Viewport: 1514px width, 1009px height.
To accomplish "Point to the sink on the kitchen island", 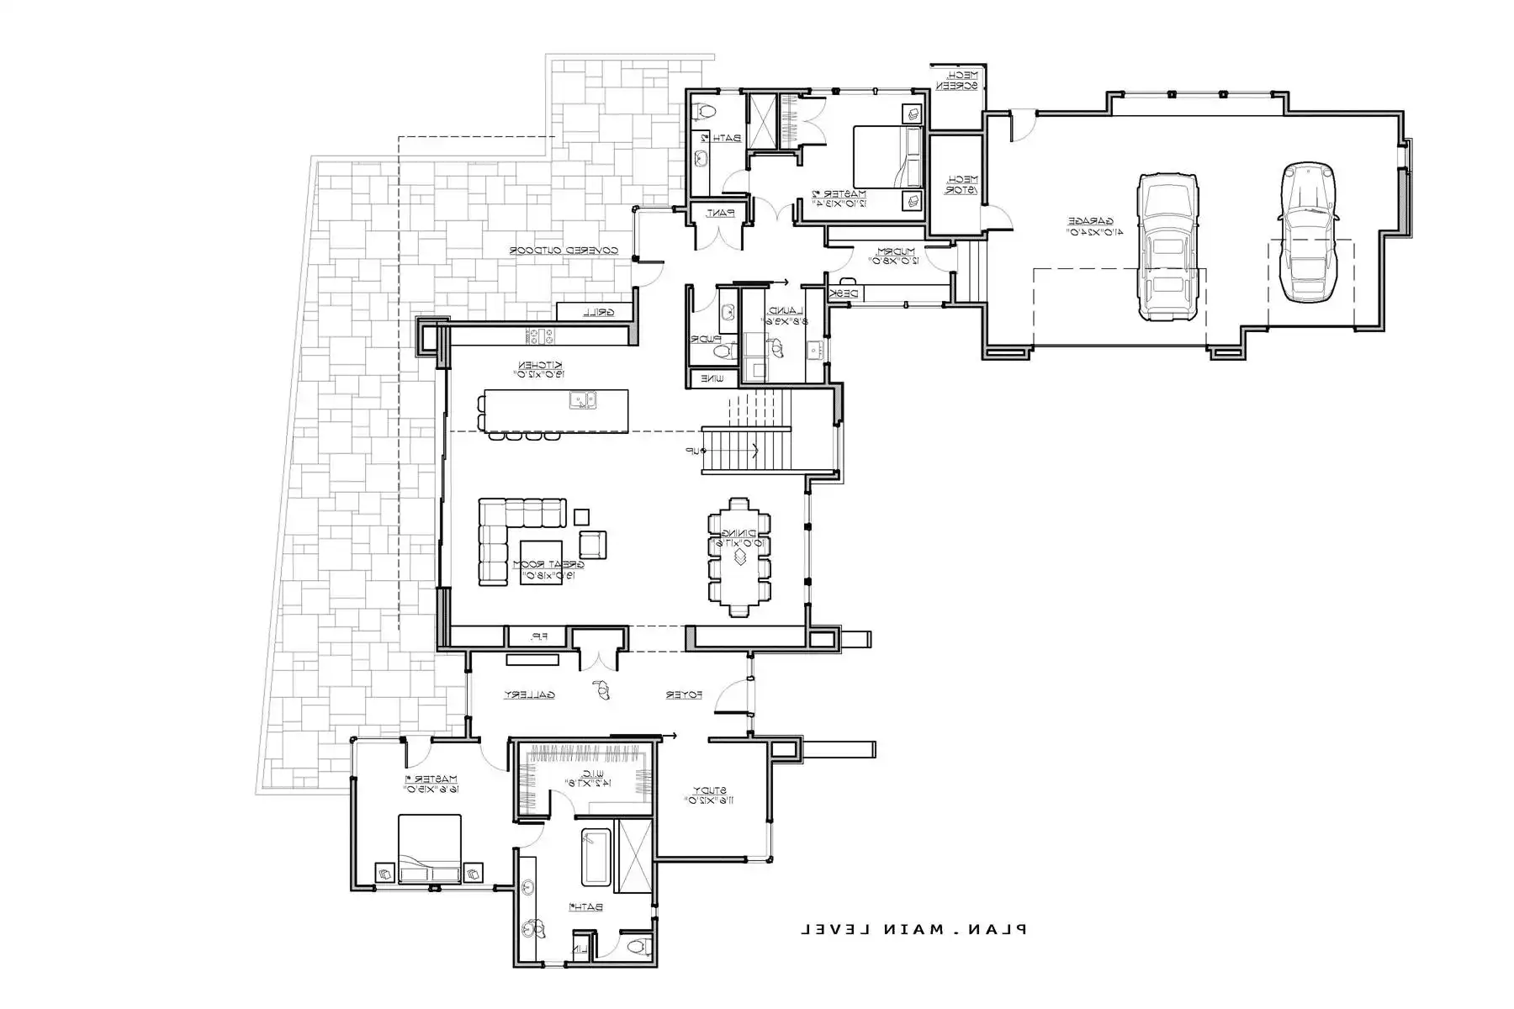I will [x=582, y=400].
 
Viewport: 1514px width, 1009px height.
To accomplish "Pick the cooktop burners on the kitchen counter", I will [x=540, y=336].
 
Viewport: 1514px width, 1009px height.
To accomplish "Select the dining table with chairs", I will [x=738, y=557].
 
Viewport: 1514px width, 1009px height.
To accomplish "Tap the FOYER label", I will [x=684, y=695].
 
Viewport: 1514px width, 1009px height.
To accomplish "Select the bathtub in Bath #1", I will [x=596, y=857].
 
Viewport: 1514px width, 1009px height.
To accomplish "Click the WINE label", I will [x=712, y=379].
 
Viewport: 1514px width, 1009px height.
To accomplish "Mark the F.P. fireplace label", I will [x=537, y=637].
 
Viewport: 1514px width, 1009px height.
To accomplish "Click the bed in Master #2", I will [x=889, y=157].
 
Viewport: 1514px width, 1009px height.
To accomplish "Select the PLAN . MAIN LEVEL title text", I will [x=913, y=929].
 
